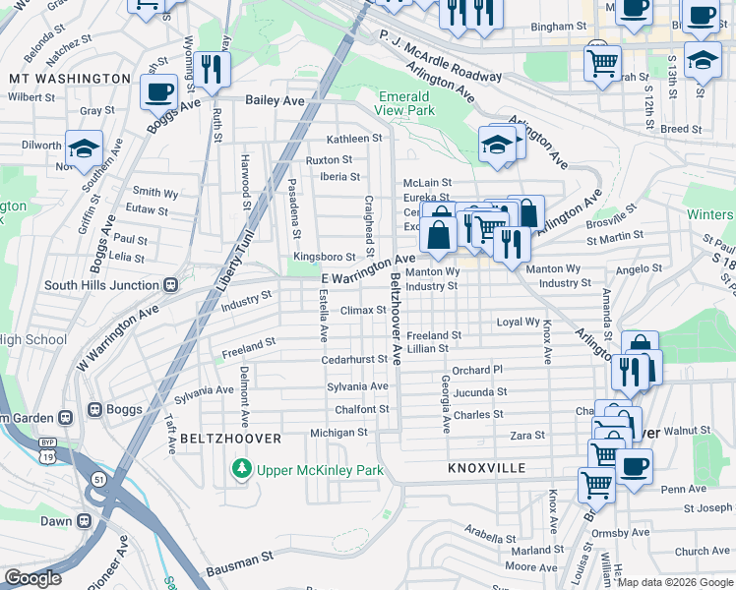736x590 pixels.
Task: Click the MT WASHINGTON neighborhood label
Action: pos(69,78)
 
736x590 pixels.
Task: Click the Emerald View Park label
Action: pos(404,104)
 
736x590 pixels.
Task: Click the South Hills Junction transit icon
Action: pos(170,285)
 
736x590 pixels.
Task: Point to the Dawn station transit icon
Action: pos(86,521)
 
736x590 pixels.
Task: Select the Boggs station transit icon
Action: pos(95,409)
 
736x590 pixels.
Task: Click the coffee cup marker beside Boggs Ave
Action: pos(157,92)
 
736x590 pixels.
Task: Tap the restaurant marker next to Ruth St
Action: pos(212,68)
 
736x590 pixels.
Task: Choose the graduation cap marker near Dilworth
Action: pos(85,147)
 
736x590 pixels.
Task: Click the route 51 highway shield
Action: pos(98,479)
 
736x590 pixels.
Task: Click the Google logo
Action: pos(33,578)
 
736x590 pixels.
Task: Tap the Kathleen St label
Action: pos(354,139)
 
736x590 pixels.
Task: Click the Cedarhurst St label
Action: pos(354,360)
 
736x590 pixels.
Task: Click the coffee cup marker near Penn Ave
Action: pos(634,465)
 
